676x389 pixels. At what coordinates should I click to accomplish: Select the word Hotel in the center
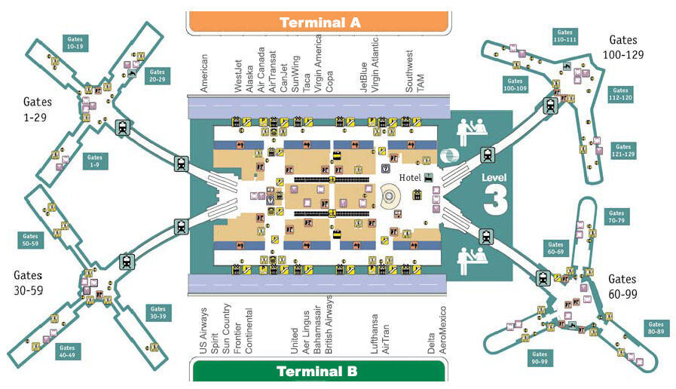(410, 178)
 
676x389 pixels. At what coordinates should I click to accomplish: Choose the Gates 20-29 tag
(158, 76)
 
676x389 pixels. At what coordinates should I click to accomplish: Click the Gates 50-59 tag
(31, 240)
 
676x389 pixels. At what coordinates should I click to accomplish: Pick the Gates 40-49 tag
(67, 351)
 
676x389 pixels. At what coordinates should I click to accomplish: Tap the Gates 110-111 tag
(564, 36)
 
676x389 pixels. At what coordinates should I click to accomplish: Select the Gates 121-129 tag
(622, 149)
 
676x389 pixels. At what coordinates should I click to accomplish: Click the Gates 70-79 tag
(616, 217)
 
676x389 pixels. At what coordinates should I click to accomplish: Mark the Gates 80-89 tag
(655, 329)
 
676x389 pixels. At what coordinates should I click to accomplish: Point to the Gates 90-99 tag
(540, 357)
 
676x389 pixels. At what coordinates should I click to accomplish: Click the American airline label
(203, 73)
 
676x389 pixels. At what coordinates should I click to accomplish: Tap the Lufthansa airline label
(375, 328)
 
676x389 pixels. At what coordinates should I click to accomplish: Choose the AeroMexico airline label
(443, 330)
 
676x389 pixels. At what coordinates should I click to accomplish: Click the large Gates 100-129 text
(622, 47)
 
